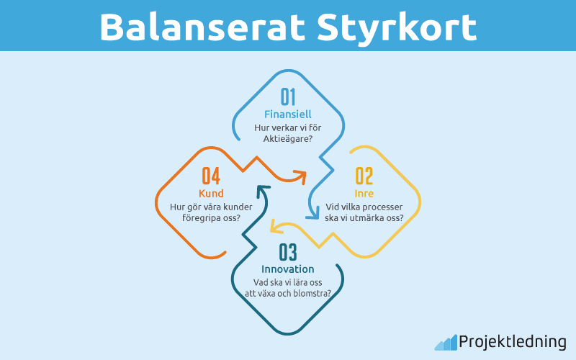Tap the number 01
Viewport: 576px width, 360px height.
[288, 96]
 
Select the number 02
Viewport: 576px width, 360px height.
[364, 176]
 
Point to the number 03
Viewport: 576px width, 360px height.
[288, 252]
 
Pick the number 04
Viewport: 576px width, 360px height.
[211, 176]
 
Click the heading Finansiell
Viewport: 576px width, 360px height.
[288, 114]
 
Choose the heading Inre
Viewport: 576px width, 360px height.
[364, 194]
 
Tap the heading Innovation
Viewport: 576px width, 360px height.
[288, 269]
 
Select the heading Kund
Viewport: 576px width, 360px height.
[211, 194]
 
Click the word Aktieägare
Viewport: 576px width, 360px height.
[285, 138]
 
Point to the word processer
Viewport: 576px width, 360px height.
[382, 207]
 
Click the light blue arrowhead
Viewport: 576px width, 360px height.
[314, 211]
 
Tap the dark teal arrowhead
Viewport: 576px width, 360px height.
[261, 192]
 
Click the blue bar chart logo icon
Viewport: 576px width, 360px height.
[445, 342]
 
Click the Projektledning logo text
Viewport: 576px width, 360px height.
[512, 342]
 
